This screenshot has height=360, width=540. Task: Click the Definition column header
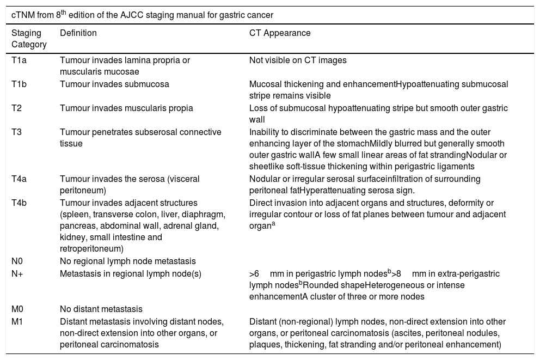pyautogui.click(x=78, y=33)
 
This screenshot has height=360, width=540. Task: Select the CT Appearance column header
pyautogui.click(x=280, y=33)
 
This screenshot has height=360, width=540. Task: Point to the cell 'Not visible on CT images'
pyautogui.click(x=298, y=60)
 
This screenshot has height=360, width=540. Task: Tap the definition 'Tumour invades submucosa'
pyautogui.click(x=114, y=84)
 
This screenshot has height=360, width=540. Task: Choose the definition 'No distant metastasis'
pyautogui.click(x=101, y=309)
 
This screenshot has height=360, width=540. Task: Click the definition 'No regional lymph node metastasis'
pyautogui.click(x=127, y=261)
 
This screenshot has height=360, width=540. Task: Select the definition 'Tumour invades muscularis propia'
pyautogui.click(x=126, y=108)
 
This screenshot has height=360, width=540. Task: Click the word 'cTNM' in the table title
pyautogui.click(x=23, y=13)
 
